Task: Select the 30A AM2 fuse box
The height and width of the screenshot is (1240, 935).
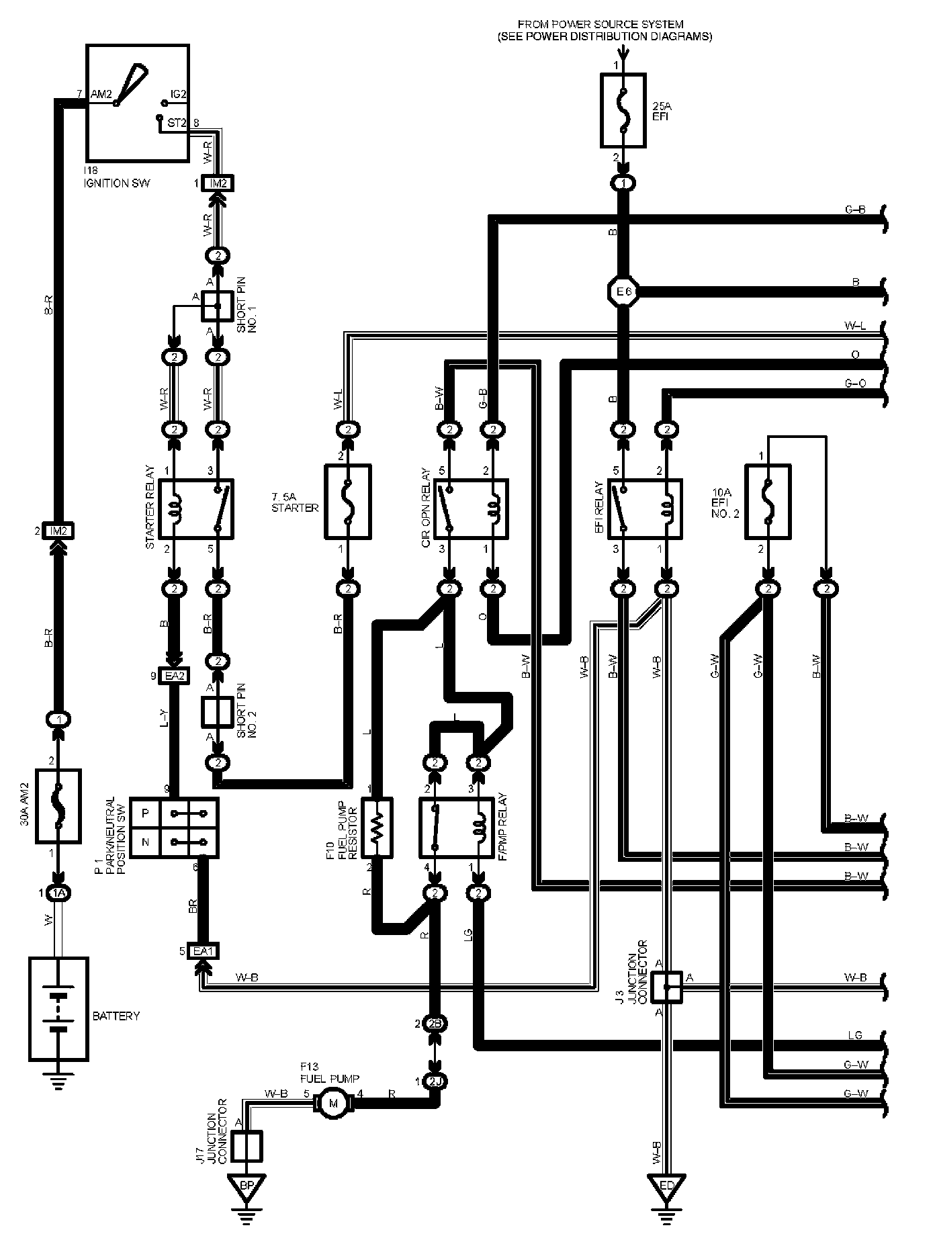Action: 58,805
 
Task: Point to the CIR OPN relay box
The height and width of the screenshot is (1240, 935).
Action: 471,508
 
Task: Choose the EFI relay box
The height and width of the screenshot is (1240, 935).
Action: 645,508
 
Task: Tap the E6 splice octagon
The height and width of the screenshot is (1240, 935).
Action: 623,292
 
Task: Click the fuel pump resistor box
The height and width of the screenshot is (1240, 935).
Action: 377,827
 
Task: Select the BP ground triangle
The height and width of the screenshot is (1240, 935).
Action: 247,1186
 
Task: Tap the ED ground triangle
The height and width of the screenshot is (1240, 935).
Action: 666,1186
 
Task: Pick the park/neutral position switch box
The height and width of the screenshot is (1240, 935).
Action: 174,827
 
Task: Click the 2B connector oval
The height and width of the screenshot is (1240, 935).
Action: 436,1023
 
